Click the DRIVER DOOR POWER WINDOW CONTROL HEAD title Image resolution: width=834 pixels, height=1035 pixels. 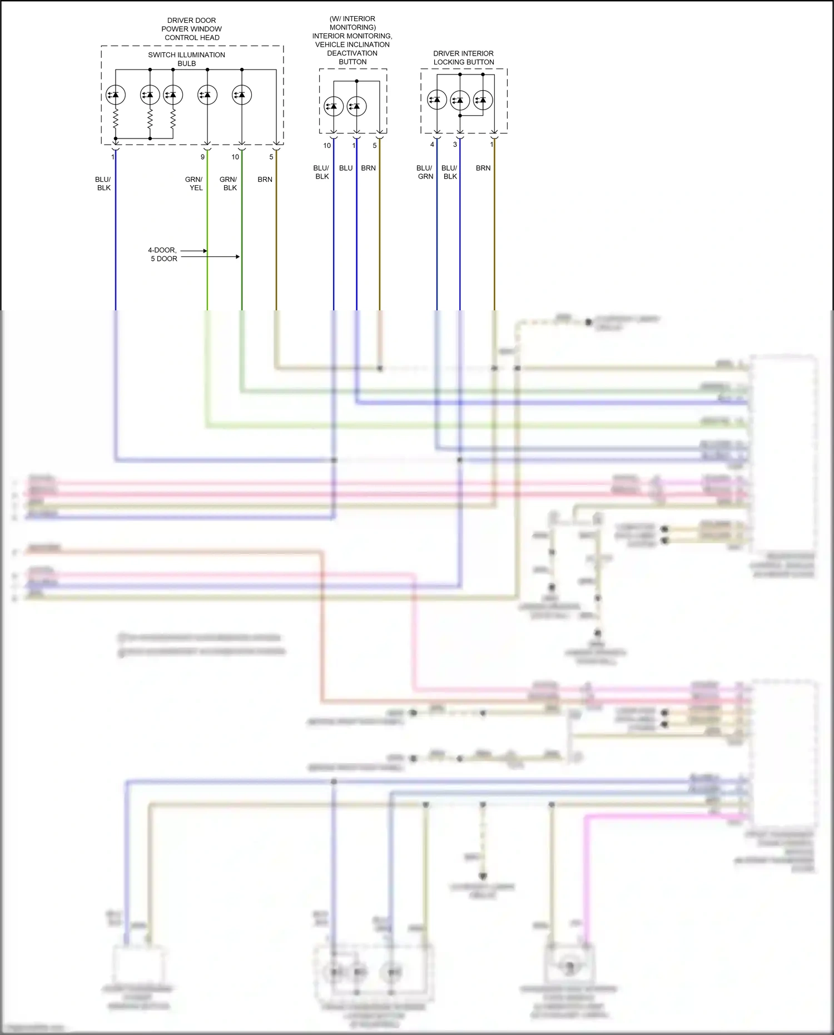pyautogui.click(x=192, y=29)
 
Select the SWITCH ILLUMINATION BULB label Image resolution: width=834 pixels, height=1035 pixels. pyautogui.click(x=186, y=59)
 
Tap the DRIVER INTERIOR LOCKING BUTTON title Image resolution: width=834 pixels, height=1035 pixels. pyautogui.click(x=463, y=58)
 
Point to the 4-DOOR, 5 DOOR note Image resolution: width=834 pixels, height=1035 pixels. pyautogui.click(x=163, y=254)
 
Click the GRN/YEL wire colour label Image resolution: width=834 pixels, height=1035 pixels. pyautogui.click(x=194, y=184)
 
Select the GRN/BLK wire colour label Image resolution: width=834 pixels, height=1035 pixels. pyautogui.click(x=229, y=184)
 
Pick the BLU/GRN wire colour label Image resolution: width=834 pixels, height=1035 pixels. pyautogui.click(x=425, y=172)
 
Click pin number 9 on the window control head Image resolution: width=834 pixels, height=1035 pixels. pyautogui.click(x=202, y=157)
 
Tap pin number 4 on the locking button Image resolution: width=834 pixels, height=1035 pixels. pyautogui.click(x=432, y=145)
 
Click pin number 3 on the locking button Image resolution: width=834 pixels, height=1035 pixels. pyautogui.click(x=455, y=145)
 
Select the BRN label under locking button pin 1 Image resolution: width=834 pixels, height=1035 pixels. pyautogui.click(x=483, y=168)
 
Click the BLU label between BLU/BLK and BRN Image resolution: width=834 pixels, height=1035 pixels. pyautogui.click(x=346, y=168)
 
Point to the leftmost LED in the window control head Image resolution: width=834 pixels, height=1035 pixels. pyautogui.click(x=116, y=95)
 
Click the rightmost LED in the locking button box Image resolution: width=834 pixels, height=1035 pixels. pyautogui.click(x=483, y=100)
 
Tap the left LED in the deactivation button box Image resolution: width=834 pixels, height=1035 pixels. pyautogui.click(x=334, y=106)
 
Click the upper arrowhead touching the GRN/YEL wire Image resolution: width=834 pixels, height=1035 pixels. pyautogui.click(x=205, y=251)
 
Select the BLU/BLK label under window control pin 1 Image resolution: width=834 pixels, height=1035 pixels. pyautogui.click(x=103, y=184)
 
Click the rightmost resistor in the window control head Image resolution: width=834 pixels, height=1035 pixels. pyautogui.click(x=173, y=118)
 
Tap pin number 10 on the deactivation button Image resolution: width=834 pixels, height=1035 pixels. pyautogui.click(x=327, y=146)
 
